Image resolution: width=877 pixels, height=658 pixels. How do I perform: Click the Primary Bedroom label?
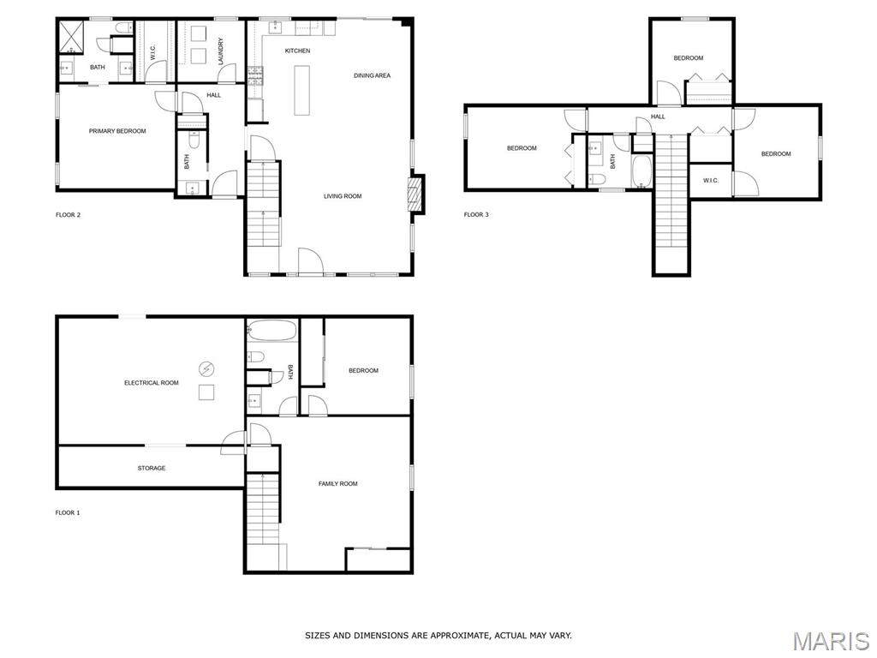pos(117,131)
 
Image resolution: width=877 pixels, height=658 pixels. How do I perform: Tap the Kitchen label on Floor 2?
pos(297,51)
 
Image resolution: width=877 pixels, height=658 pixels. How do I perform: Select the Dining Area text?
pos(372,75)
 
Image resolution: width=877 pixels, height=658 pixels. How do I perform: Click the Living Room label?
pos(343,196)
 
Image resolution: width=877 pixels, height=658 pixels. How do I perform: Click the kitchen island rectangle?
pos(302,90)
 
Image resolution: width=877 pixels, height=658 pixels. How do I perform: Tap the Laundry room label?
pos(221,51)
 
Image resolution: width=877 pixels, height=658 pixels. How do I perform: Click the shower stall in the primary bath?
pos(72,36)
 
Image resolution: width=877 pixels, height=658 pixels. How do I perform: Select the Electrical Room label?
pos(152,383)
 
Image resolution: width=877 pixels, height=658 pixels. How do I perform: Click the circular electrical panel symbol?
pos(206,368)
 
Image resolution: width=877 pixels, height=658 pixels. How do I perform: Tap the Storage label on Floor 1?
pos(152,469)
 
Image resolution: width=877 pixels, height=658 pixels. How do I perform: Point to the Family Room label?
pos(337,484)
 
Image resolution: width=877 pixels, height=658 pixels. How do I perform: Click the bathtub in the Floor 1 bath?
pos(271,330)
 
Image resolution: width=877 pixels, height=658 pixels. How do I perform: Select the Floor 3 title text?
pos(476,215)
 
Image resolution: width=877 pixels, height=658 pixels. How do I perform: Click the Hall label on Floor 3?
pos(659,117)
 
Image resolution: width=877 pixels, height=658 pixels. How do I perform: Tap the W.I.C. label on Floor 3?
pos(711,181)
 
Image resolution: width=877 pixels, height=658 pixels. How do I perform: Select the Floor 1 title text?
pos(68,513)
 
